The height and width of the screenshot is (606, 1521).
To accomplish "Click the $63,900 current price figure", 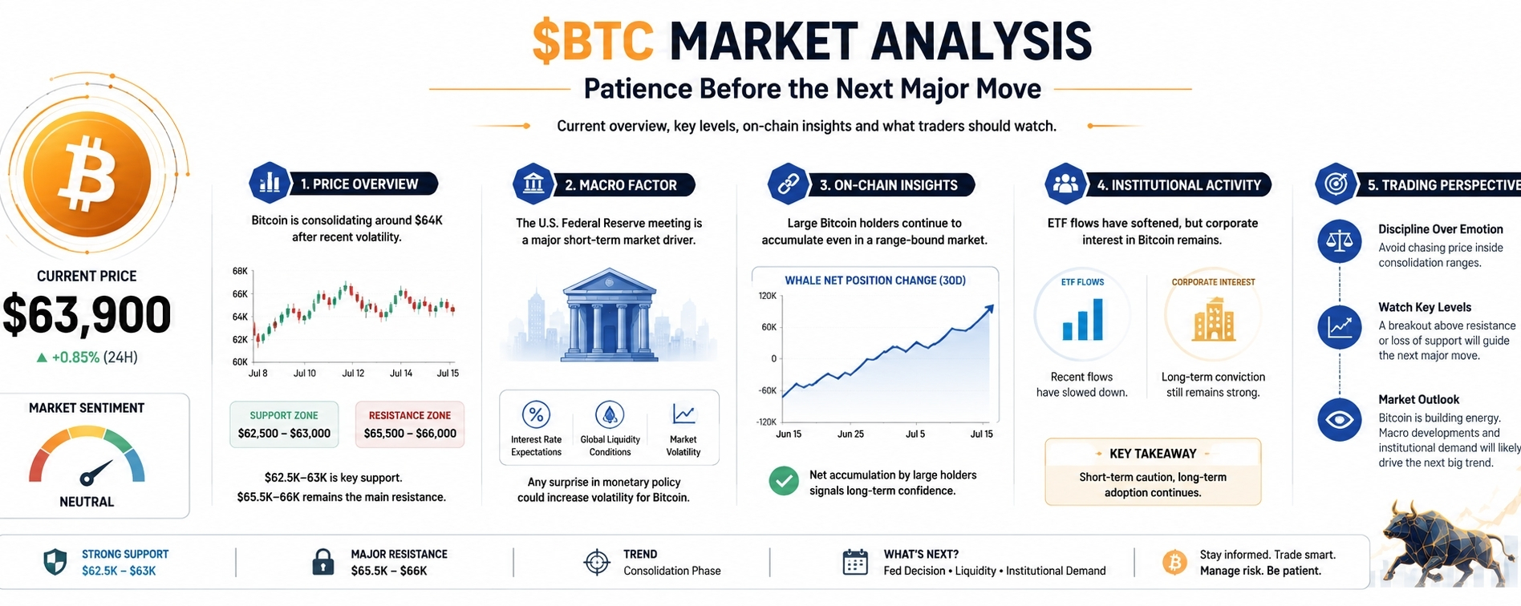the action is click(87, 314).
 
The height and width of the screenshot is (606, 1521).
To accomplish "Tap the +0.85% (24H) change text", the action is click(87, 358).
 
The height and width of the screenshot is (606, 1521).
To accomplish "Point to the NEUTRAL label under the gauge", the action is click(87, 502).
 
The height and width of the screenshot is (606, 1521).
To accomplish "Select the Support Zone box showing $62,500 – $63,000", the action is click(284, 424).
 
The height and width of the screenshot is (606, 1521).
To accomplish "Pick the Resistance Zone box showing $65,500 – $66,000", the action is click(410, 424).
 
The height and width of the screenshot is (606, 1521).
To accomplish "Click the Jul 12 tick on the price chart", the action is click(353, 374).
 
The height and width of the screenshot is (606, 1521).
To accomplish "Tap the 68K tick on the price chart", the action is click(240, 272).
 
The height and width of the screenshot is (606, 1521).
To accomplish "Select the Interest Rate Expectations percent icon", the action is click(536, 414).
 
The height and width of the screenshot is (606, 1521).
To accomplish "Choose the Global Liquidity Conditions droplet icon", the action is click(610, 414).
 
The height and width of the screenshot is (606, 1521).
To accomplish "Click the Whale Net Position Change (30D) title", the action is click(875, 281).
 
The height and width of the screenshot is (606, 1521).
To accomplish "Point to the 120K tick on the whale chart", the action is click(767, 296).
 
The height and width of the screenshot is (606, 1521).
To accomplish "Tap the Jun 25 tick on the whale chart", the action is click(850, 434).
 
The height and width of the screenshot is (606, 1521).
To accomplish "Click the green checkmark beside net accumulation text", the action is click(784, 481).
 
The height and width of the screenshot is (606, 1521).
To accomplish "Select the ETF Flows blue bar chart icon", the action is click(1083, 320).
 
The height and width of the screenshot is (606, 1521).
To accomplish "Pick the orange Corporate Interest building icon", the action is click(1213, 320).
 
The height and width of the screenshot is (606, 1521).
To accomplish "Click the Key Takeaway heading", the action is click(1153, 454).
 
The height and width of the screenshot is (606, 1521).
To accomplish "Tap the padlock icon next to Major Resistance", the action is click(322, 562).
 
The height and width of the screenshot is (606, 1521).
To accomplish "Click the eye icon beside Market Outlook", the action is click(1340, 419).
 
